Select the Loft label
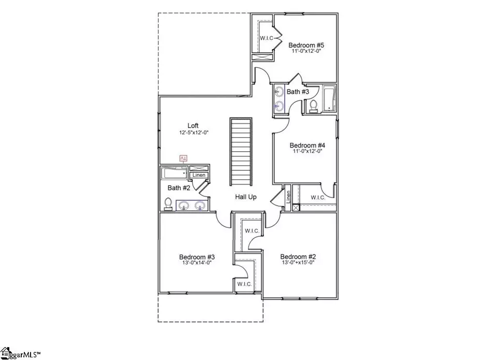pyautogui.click(x=193, y=125)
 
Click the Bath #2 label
pyautogui.click(x=178, y=188)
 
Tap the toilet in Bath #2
pyautogui.click(x=168, y=204)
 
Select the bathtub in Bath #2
pyautogui.click(x=173, y=172)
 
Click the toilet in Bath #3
pyautogui.click(x=313, y=105)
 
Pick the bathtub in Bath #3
pyautogui.click(x=329, y=98)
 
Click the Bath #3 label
pyautogui.click(x=298, y=92)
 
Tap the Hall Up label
pyautogui.click(x=246, y=197)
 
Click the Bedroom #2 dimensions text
pyautogui.click(x=297, y=263)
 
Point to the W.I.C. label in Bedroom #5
pyautogui.click(x=267, y=37)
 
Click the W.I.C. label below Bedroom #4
pyautogui.click(x=318, y=197)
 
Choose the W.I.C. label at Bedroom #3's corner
pyautogui.click(x=244, y=284)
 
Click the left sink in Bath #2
pyautogui.click(x=183, y=206)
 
